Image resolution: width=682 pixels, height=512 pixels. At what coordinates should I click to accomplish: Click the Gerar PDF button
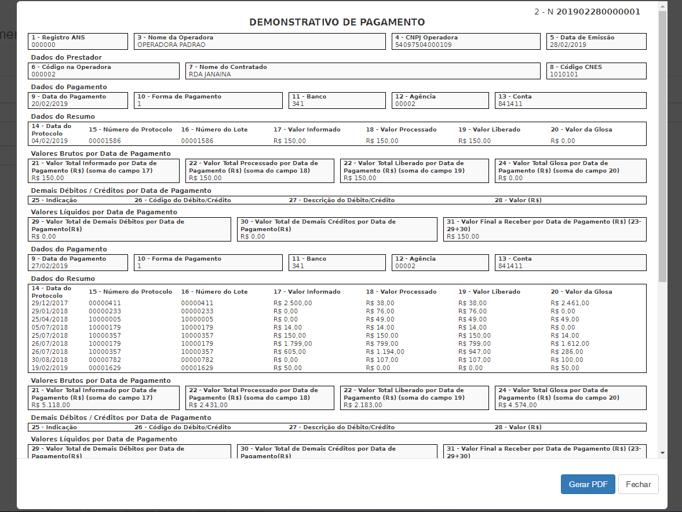[x=588, y=485]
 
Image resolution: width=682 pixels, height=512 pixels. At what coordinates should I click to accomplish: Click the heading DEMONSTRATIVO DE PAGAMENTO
[x=337, y=23]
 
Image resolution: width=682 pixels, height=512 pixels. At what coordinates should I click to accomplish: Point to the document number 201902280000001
[x=598, y=12]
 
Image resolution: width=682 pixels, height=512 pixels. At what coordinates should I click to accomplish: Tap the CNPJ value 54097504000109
[x=423, y=45]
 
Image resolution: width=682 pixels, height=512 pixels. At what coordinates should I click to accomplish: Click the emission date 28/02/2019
[x=568, y=45]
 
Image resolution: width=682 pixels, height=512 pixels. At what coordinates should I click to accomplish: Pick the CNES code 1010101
[x=564, y=74]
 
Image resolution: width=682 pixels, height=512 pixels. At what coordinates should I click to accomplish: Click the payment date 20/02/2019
[x=50, y=104]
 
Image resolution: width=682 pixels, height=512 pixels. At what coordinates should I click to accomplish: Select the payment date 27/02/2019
[x=50, y=266]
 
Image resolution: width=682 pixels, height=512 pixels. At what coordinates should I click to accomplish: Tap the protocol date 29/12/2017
[x=50, y=303]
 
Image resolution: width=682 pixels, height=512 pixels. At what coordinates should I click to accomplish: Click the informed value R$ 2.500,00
[x=293, y=303]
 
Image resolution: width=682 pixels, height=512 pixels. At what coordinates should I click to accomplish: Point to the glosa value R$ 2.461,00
[x=570, y=303]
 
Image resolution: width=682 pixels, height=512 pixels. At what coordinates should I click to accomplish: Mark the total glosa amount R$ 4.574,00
[x=517, y=405]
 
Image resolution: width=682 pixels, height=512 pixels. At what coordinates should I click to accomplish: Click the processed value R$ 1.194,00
[x=385, y=352]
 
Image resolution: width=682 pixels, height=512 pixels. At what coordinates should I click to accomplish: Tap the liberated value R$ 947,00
[x=475, y=352]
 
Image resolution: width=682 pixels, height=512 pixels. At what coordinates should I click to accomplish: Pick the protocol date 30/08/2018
[x=50, y=360]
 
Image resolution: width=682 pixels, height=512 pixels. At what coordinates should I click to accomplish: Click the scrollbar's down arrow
[x=662, y=453]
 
